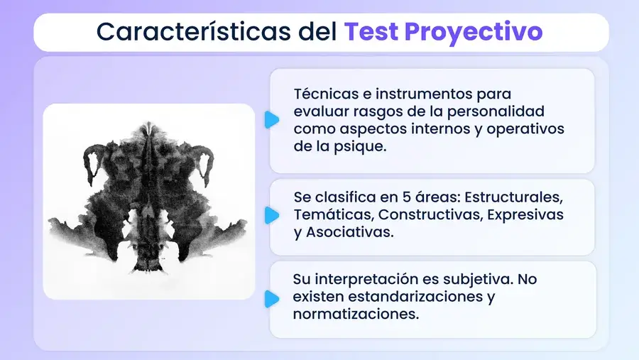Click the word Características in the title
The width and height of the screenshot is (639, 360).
click(194, 31)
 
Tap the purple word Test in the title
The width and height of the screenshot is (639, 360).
click(371, 31)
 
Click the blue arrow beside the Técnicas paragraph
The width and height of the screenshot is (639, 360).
click(272, 120)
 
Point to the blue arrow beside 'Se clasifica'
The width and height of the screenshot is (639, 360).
click(272, 215)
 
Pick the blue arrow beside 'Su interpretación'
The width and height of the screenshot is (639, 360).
click(272, 299)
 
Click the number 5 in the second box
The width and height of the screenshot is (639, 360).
click(406, 197)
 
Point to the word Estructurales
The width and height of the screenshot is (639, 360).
click(513, 197)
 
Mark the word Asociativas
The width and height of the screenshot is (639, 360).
click(349, 232)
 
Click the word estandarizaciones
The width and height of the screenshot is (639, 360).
click(415, 297)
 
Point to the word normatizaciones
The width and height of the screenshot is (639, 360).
click(356, 315)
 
